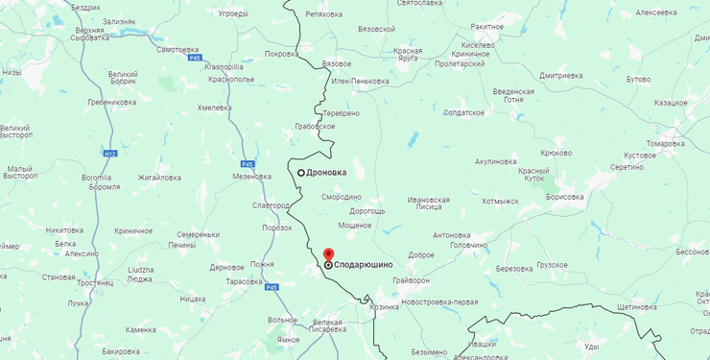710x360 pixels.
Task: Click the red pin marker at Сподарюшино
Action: [x=328, y=254]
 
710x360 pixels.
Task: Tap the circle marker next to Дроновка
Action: [x=301, y=173]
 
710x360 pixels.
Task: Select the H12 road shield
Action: [x=110, y=153]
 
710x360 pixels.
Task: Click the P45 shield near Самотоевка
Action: [x=195, y=59]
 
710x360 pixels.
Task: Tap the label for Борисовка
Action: [x=564, y=197]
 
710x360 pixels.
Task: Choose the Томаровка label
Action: [x=665, y=143]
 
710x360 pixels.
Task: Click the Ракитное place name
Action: [x=486, y=27]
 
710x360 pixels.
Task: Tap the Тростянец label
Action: [x=96, y=283]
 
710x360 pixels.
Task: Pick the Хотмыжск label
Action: [x=500, y=202]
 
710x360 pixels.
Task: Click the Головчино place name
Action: [x=468, y=245]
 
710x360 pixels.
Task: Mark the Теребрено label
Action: [x=341, y=113]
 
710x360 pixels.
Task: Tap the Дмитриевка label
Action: [x=561, y=75]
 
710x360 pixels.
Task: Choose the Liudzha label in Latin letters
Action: [x=140, y=270]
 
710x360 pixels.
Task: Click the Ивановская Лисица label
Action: [x=428, y=204]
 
